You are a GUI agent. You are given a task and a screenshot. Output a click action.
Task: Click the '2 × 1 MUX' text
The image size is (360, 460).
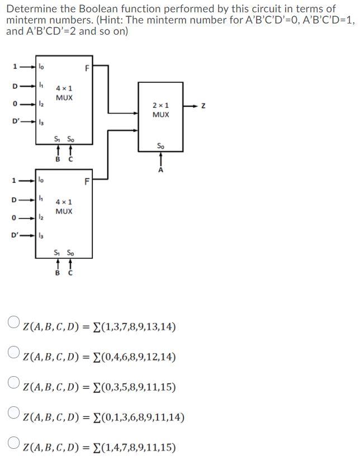click(x=161, y=110)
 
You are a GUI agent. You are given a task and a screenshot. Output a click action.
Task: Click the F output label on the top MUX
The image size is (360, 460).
click(x=87, y=69)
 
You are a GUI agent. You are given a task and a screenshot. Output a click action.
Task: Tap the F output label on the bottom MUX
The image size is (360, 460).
click(x=87, y=181)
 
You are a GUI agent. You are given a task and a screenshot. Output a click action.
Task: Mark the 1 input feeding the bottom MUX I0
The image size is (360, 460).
click(x=16, y=181)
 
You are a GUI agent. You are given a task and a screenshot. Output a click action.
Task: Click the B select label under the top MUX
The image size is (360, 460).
click(x=57, y=160)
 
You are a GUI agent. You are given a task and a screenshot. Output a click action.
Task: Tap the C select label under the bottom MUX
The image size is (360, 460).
click(x=70, y=273)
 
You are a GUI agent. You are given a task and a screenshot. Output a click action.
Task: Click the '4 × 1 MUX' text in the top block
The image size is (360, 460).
click(x=64, y=93)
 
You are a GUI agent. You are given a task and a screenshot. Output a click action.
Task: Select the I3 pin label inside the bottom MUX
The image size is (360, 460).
click(x=40, y=235)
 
